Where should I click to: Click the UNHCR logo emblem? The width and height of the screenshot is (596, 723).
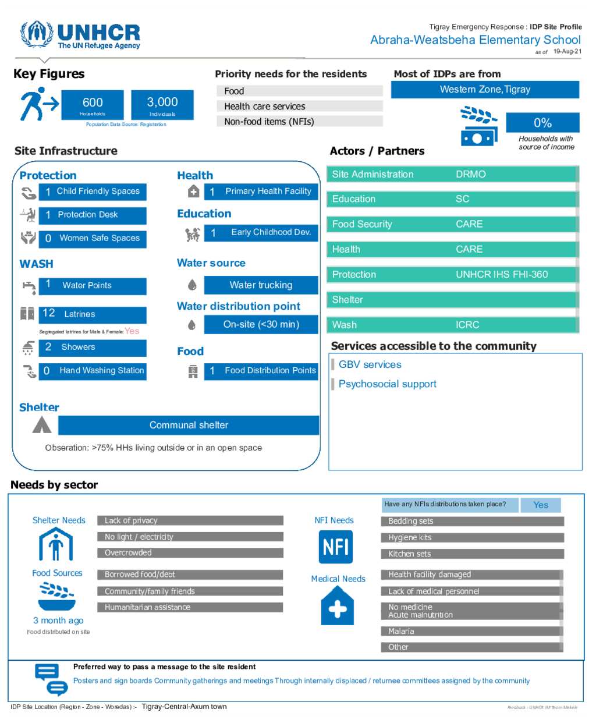click(36, 35)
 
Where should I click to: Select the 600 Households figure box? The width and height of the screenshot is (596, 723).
click(93, 105)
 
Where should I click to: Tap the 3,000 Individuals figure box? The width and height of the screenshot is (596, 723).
click(162, 105)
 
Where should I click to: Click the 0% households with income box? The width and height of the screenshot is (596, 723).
click(542, 123)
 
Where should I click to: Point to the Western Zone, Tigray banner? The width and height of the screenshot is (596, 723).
click(485, 90)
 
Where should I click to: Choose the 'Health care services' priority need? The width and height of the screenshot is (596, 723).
click(299, 106)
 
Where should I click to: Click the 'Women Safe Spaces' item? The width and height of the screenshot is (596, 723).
click(93, 238)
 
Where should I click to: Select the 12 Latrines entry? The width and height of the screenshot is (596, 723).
click(93, 314)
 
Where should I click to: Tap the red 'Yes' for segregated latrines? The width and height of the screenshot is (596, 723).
click(132, 331)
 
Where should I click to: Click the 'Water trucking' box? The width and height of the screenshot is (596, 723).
click(261, 285)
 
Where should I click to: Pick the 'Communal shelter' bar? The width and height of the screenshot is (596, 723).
click(189, 425)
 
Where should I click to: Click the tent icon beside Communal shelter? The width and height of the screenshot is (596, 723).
click(42, 425)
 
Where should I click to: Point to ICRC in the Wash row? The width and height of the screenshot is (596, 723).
click(467, 325)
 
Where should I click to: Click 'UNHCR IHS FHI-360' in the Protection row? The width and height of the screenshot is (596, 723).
click(502, 274)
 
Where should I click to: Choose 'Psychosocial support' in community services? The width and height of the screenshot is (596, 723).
click(387, 384)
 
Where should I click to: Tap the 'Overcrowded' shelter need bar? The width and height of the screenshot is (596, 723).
click(190, 553)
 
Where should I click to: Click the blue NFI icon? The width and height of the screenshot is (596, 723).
click(336, 547)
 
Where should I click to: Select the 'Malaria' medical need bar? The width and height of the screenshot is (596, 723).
click(472, 631)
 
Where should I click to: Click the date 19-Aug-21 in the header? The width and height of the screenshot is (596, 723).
click(567, 51)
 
